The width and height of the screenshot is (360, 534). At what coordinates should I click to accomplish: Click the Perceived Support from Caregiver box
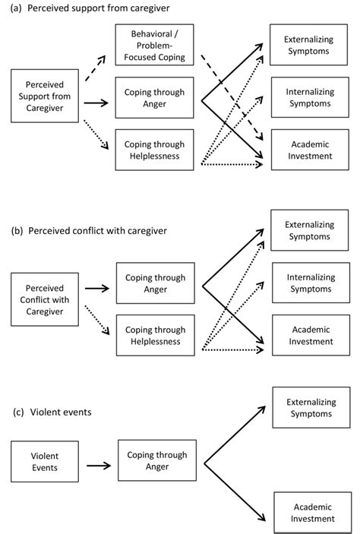click(45, 97)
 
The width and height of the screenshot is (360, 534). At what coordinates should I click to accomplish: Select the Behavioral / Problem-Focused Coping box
click(154, 46)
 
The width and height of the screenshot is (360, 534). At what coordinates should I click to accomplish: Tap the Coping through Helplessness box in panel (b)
click(154, 335)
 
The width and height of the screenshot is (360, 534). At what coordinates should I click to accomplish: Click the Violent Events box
click(45, 462)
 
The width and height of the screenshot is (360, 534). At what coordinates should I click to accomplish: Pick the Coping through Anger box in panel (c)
click(154, 462)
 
